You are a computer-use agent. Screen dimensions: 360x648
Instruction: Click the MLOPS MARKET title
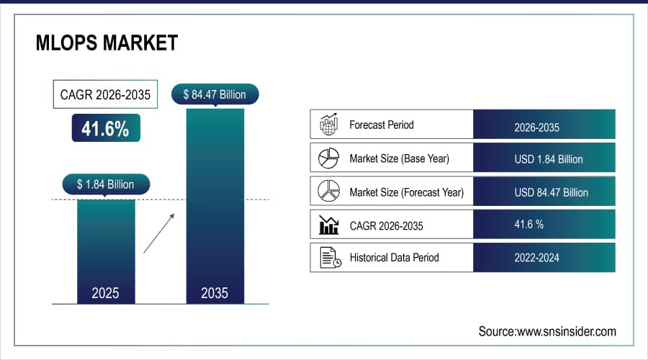tap(106, 43)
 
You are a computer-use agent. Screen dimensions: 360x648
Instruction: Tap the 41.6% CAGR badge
tap(105, 128)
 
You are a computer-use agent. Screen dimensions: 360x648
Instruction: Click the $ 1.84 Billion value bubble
tap(105, 184)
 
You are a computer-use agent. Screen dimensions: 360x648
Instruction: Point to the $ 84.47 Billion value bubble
tap(215, 94)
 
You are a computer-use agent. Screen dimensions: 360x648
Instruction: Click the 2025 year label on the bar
tap(105, 293)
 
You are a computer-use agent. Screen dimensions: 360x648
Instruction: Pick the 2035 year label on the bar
tap(215, 293)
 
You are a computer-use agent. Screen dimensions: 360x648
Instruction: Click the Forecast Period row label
tap(381, 125)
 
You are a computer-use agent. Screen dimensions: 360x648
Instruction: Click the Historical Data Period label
tap(394, 258)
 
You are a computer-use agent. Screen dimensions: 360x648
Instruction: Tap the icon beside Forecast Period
tap(328, 125)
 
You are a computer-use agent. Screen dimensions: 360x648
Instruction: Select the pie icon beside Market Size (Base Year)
tap(328, 158)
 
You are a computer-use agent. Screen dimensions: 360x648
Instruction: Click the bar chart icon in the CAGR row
tap(328, 225)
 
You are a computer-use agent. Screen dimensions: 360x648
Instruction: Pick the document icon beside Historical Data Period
tap(328, 258)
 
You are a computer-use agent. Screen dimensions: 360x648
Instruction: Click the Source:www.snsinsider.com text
tap(546, 331)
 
